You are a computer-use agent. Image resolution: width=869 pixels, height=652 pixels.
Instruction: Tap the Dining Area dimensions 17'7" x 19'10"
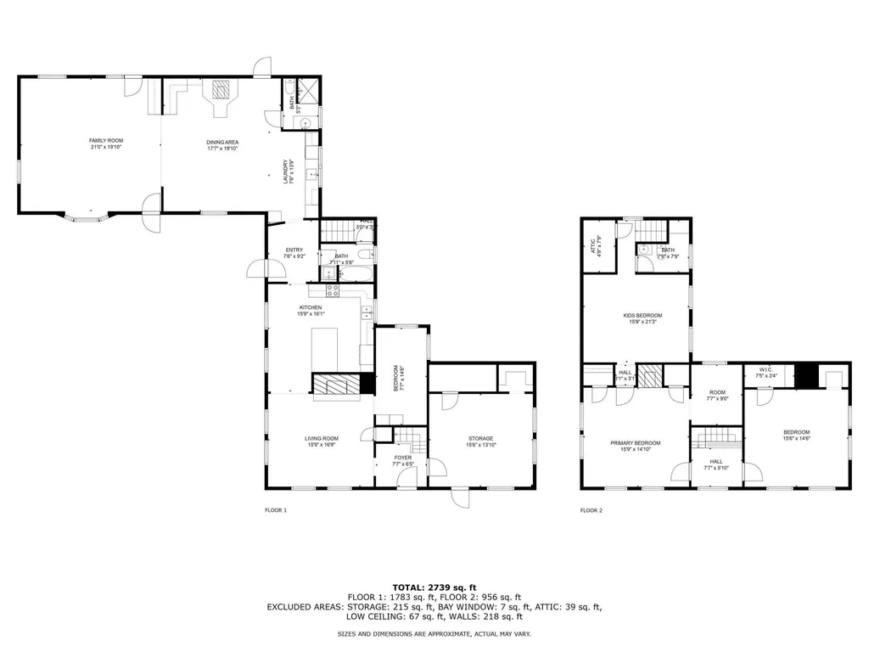pos(221,148)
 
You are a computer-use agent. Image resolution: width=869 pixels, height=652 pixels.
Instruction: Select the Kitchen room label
pos(310,307)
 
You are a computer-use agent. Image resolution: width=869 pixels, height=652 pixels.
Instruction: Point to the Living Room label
pos(321,438)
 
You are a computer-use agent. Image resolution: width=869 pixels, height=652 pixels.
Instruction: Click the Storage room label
pos(479,438)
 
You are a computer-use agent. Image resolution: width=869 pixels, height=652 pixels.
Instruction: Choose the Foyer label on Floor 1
pos(402,458)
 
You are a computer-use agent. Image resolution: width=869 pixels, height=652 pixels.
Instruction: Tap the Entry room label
pos(294,250)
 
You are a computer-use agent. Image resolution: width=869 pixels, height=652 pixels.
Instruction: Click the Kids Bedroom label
pos(642,315)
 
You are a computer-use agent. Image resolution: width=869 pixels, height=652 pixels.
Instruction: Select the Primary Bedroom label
pos(636,442)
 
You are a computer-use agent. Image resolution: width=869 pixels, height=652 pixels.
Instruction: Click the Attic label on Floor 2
pos(593,245)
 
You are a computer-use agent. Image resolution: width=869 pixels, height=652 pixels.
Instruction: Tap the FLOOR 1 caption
pos(276,511)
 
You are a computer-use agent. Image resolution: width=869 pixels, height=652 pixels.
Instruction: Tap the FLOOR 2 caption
pos(591,511)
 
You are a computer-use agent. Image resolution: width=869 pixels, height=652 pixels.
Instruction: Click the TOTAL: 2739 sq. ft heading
pos(434,587)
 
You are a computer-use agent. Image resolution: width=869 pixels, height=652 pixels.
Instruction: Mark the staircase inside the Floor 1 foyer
pos(412,440)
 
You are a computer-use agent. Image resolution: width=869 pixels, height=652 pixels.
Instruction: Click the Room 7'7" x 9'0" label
pos(717,395)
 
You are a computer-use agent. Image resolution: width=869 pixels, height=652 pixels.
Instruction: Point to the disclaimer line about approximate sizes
pos(434,634)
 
